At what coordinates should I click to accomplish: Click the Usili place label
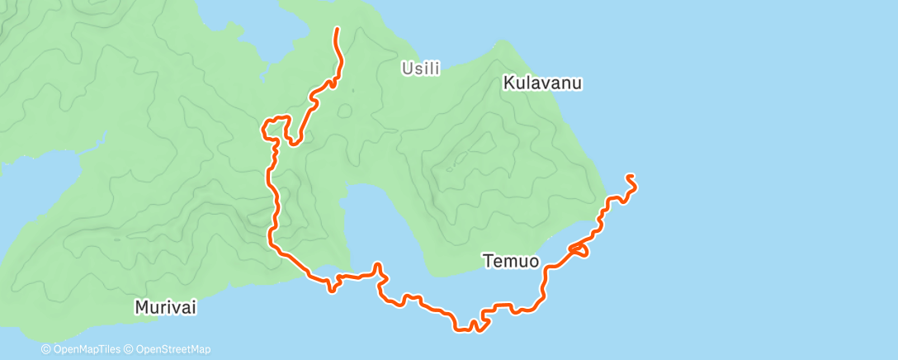(x=421, y=69)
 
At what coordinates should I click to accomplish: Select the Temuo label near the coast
(x=511, y=262)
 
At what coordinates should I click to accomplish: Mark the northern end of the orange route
(x=337, y=30)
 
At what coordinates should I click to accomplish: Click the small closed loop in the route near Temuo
(x=579, y=249)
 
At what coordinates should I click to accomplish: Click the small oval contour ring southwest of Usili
(x=344, y=111)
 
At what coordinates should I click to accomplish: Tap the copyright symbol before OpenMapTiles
(x=45, y=350)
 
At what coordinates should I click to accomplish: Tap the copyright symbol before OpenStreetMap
(x=128, y=350)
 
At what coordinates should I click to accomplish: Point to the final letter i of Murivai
(x=195, y=307)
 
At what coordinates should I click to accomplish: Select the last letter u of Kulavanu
(x=579, y=83)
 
